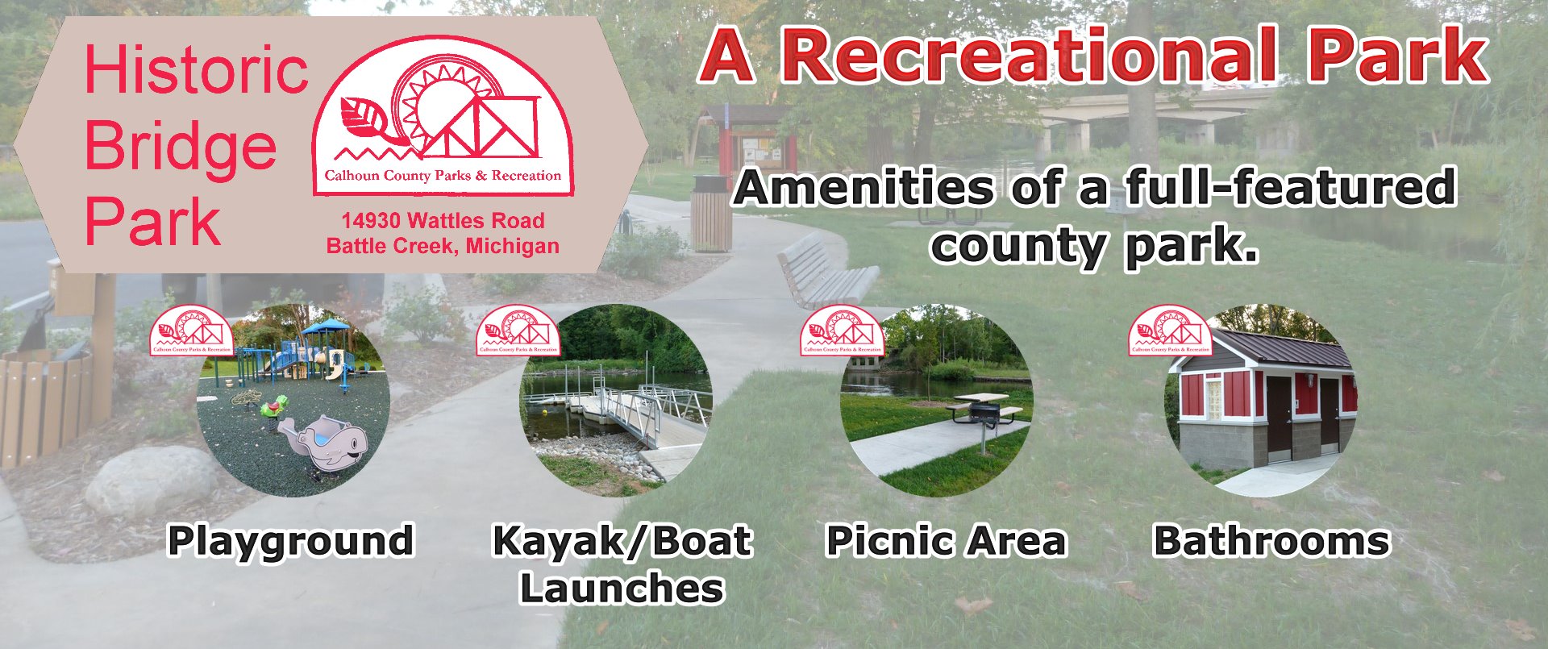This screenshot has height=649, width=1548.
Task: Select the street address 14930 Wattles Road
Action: point(443,221)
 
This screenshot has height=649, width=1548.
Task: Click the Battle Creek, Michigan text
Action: point(443,246)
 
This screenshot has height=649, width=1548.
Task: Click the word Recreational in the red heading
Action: point(1030,55)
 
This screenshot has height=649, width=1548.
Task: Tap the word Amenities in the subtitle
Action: point(864,188)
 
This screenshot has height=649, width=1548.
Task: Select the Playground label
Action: point(290,541)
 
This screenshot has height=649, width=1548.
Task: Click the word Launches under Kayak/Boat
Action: point(622,588)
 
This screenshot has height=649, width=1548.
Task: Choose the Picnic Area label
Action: point(946,540)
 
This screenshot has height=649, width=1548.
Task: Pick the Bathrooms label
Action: point(1271,540)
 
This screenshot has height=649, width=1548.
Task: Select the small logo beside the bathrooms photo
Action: point(1171,330)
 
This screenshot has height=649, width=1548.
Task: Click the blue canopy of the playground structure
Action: point(325,327)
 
